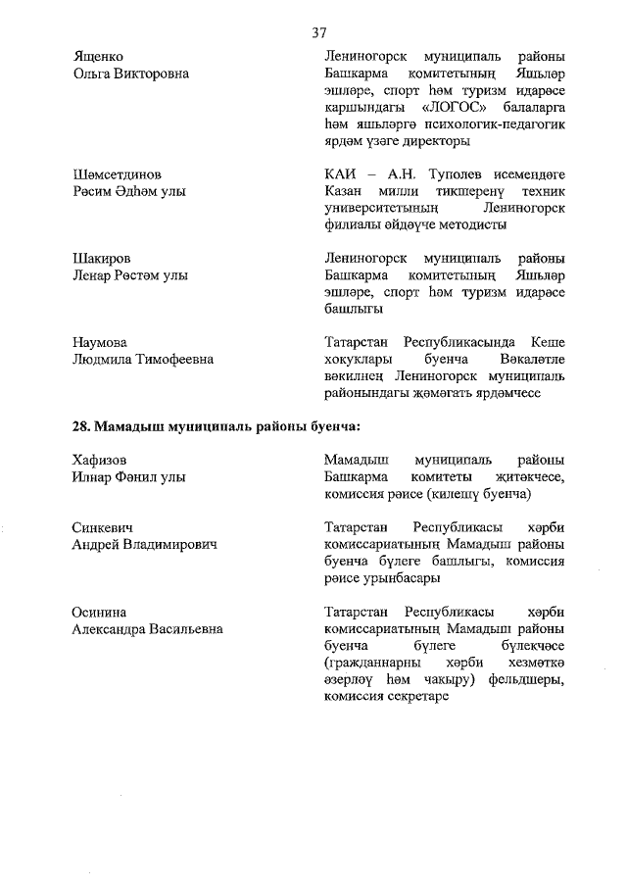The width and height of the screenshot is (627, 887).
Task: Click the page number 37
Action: click(319, 32)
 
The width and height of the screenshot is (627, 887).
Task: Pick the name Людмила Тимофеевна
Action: click(143, 360)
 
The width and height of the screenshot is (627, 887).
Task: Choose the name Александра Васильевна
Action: click(147, 629)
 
